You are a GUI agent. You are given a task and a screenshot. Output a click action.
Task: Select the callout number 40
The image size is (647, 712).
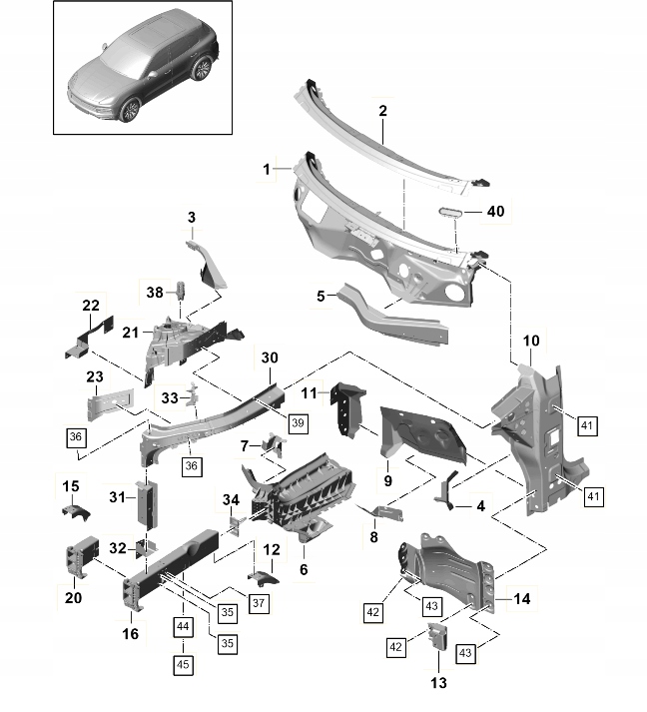(x=496, y=211)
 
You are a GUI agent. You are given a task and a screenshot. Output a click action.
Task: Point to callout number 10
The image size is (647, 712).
(x=531, y=342)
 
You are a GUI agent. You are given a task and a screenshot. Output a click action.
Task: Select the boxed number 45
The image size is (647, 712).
(x=184, y=662)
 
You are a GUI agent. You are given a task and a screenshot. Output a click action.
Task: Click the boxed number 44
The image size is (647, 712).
(x=184, y=626)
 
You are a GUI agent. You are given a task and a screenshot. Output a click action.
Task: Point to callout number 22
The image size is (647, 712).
(x=91, y=304)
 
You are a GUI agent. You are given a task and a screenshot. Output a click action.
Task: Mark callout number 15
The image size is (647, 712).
(x=70, y=486)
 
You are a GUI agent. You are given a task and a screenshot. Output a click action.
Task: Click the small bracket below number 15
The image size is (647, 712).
(x=75, y=510)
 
